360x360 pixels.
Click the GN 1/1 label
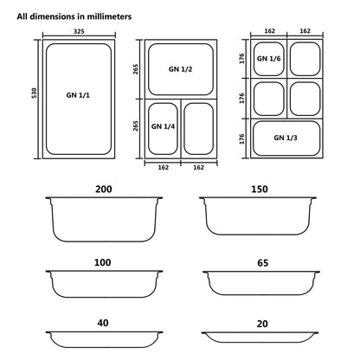tap(78, 95)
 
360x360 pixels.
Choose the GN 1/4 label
tap(163, 126)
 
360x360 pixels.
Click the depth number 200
tap(104, 188)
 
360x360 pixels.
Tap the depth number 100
tap(104, 260)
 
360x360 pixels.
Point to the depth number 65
tap(260, 260)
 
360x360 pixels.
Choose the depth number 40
tap(104, 322)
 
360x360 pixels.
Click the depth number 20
tap(260, 322)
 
